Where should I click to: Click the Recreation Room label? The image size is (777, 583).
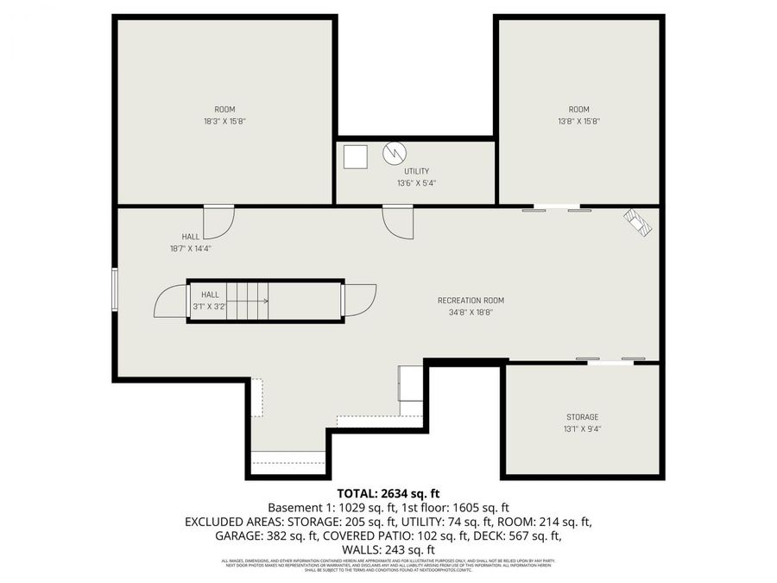(x=471, y=301)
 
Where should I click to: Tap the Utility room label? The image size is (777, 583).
(x=416, y=171)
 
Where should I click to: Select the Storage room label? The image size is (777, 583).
(x=582, y=417)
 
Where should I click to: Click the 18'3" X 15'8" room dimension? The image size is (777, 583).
(x=224, y=122)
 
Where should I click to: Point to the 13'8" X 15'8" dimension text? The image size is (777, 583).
(x=578, y=122)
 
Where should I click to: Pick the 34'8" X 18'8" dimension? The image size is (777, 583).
(x=471, y=313)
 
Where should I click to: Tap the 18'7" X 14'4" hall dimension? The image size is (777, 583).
(x=191, y=248)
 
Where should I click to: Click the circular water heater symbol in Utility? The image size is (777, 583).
(x=394, y=154)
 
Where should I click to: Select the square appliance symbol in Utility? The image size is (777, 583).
(x=355, y=156)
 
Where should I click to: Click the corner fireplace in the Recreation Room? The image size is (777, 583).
(x=640, y=223)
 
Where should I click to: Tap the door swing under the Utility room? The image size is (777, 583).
(x=399, y=223)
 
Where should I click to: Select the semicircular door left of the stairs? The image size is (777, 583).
(x=170, y=302)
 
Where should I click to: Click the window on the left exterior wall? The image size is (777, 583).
(x=115, y=288)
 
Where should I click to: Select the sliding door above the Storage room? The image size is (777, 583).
(x=610, y=360)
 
